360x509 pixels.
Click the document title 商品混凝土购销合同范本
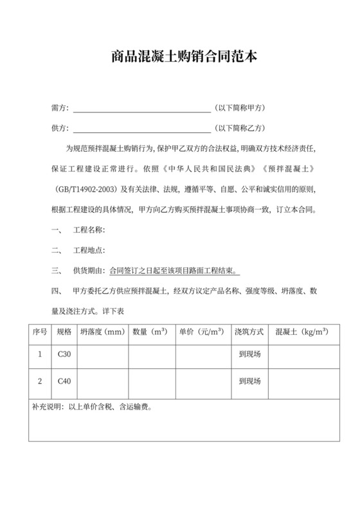(x=180, y=58)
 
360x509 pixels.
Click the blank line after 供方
(x=142, y=128)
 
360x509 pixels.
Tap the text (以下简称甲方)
(x=242, y=107)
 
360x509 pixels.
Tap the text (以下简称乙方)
(x=242, y=128)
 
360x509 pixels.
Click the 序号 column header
(x=40, y=332)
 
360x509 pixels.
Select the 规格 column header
(x=64, y=332)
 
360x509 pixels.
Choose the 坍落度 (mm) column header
(x=102, y=332)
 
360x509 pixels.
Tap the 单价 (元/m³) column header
(x=201, y=332)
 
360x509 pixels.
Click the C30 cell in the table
(x=64, y=354)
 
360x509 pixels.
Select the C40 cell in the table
(x=64, y=381)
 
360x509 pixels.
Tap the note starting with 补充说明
(x=91, y=407)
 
